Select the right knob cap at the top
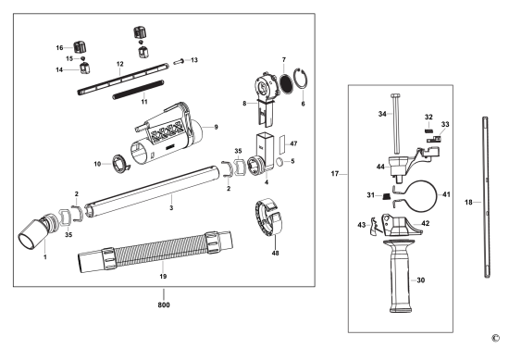pos(141,32)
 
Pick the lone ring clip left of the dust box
pos(120,164)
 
